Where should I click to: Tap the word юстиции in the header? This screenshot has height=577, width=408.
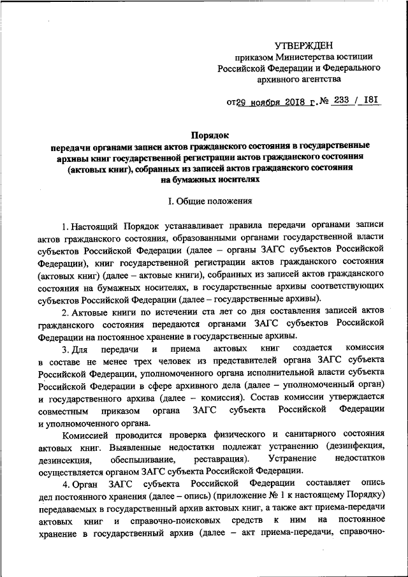(x=347, y=57)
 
